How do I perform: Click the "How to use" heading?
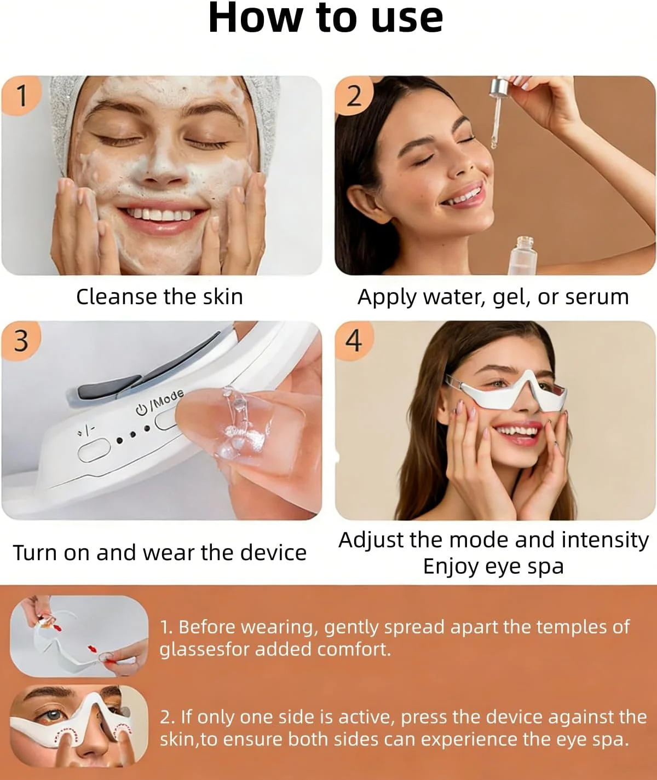[x=325, y=18]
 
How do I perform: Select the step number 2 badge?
[x=354, y=96]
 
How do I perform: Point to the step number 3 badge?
[x=21, y=341]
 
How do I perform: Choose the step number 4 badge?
[x=354, y=341]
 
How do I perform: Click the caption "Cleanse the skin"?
[x=160, y=297]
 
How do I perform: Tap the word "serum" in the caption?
[x=597, y=298]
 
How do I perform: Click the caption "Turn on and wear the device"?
[x=160, y=552]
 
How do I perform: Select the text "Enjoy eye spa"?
[x=493, y=567]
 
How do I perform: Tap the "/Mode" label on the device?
[x=166, y=399]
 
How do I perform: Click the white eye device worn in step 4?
[x=506, y=394]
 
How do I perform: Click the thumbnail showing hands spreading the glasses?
[x=79, y=636]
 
